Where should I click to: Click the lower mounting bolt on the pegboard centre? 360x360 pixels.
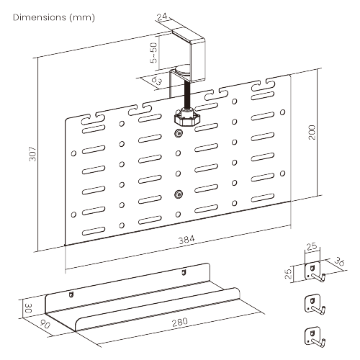pyautogui.click(x=179, y=193)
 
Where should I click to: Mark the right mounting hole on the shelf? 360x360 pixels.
pyautogui.click(x=183, y=272)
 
